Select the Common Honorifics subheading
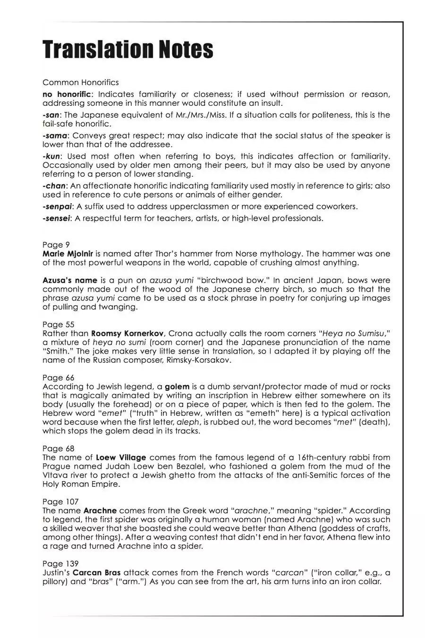[x=81, y=83]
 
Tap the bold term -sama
[x=55, y=136]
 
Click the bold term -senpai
[x=58, y=207]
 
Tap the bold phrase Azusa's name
[x=70, y=280]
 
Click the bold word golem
[x=177, y=387]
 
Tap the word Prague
[x=56, y=466]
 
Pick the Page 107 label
[x=60, y=502]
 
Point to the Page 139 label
[x=60, y=564]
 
